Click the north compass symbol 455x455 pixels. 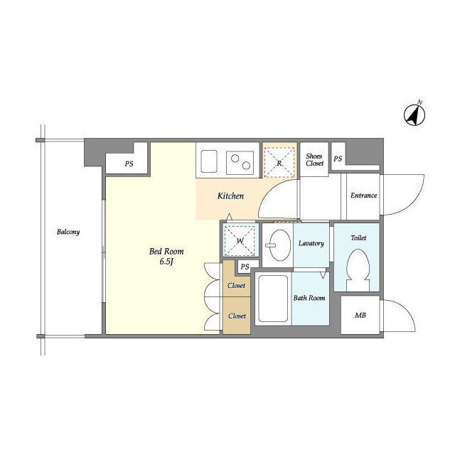(x=414, y=114)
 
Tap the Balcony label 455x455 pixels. (x=68, y=232)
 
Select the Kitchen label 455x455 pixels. (x=230, y=196)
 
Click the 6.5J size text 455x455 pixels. (x=166, y=262)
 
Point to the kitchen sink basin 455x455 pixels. (x=209, y=161)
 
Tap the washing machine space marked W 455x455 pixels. (x=240, y=240)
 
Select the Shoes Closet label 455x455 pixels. (x=314, y=159)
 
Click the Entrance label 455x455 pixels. (x=363, y=196)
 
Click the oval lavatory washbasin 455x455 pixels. (x=279, y=245)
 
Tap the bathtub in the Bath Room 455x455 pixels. (x=273, y=299)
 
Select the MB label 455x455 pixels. (x=360, y=315)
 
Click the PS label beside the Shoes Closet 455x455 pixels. (x=338, y=159)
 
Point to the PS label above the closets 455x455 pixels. (x=245, y=267)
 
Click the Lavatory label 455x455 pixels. (x=311, y=243)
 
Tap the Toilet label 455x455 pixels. (x=358, y=238)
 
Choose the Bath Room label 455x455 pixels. (x=309, y=298)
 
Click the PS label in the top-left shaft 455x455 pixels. (x=129, y=164)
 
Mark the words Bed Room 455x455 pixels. (x=166, y=251)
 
